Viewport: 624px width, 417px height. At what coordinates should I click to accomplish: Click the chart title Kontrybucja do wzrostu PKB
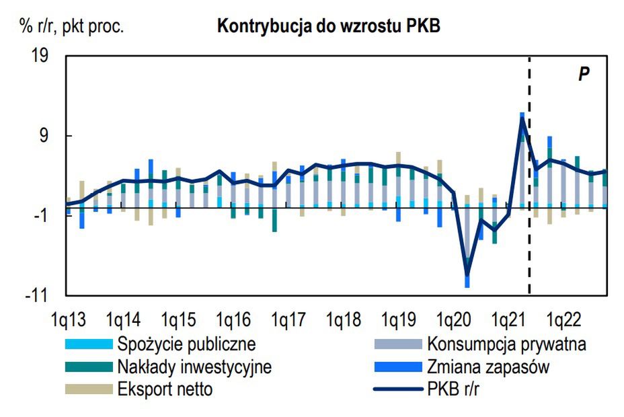click(328, 26)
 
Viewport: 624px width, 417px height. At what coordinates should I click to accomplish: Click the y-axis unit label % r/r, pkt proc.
click(72, 26)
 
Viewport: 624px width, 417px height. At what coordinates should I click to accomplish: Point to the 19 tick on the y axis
click(40, 56)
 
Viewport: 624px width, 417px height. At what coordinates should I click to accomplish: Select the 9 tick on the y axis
click(45, 136)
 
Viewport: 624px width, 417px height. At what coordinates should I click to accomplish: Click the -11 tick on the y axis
click(38, 295)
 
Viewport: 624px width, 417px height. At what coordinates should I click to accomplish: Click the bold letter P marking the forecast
click(584, 74)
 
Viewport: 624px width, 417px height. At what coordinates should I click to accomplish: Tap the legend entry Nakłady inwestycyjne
click(194, 367)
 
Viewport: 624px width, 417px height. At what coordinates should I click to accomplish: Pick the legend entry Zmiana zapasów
click(488, 367)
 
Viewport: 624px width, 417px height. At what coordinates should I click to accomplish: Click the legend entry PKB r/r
click(456, 389)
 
